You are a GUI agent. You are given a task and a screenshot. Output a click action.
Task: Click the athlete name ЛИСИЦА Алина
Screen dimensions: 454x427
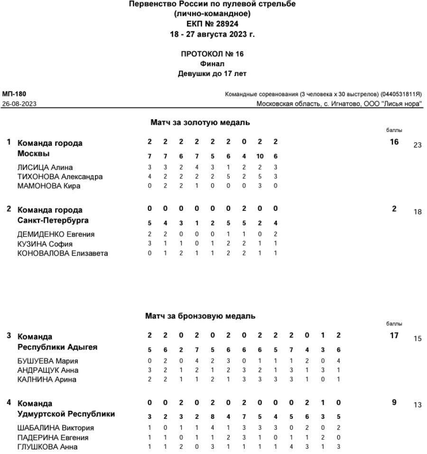pyautogui.click(x=46, y=167)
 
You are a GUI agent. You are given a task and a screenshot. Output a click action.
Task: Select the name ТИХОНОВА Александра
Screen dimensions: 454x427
pyautogui.click(x=59, y=177)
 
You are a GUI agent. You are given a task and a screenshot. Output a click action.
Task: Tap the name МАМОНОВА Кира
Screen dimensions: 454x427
pyautogui.click(x=48, y=186)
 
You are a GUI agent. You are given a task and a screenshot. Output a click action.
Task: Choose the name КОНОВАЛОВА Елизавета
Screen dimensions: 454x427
pyautogui.click(x=62, y=253)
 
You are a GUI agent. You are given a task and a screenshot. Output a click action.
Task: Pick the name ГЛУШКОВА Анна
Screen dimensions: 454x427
pyautogui.click(x=47, y=446)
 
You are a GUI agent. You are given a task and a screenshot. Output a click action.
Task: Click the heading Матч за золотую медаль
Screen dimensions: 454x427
pyautogui.click(x=200, y=123)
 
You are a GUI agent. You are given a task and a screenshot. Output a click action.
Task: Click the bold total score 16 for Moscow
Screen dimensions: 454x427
pyautogui.click(x=394, y=142)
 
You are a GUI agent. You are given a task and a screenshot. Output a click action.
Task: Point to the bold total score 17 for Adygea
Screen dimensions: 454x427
pyautogui.click(x=394, y=335)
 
